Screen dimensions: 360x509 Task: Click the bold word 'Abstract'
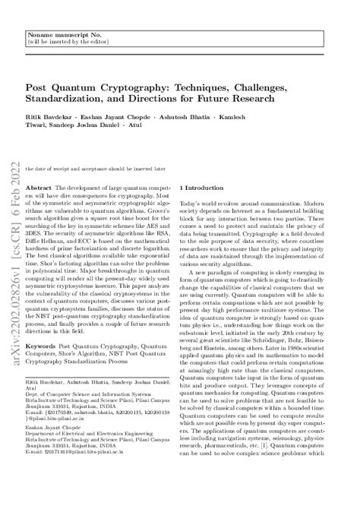[x=39, y=187]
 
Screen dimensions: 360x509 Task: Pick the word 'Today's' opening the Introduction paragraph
[x=189, y=205]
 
